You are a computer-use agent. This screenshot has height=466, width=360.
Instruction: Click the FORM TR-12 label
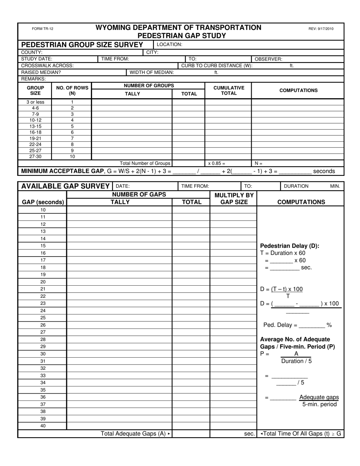tap(42, 29)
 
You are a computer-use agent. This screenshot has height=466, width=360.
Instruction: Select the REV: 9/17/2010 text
tap(321, 29)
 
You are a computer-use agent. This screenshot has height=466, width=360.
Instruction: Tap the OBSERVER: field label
tap(268, 59)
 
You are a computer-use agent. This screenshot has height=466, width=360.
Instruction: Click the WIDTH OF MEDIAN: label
tap(152, 72)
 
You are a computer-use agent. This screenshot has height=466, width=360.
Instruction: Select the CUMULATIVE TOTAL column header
tap(229, 90)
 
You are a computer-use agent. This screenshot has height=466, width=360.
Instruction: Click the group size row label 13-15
tap(35, 126)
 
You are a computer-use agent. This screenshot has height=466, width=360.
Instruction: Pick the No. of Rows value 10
tap(72, 156)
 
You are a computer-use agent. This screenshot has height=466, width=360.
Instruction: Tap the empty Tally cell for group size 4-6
tap(132, 108)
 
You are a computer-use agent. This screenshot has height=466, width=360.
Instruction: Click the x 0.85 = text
tap(217, 163)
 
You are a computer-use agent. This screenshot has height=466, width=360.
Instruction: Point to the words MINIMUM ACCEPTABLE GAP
tap(62, 171)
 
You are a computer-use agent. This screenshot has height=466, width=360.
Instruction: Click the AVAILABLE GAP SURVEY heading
tap(65, 186)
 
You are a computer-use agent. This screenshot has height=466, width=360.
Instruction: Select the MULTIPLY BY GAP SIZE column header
tap(234, 199)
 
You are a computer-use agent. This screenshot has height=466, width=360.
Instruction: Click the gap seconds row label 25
tap(43, 317)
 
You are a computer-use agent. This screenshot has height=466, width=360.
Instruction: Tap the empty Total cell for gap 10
tap(191, 210)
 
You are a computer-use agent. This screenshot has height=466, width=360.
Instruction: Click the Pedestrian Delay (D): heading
tap(290, 246)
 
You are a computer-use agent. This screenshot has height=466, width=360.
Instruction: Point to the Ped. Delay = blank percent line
tap(297, 325)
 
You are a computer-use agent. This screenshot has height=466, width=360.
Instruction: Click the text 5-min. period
tap(319, 404)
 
